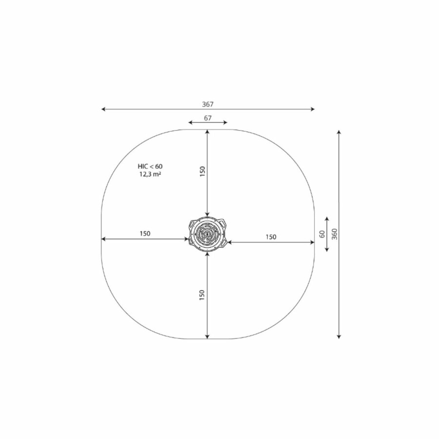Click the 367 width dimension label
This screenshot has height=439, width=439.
pyautogui.click(x=208, y=104)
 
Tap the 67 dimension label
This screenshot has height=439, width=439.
pyautogui.click(x=207, y=118)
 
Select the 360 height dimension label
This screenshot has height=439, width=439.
pyautogui.click(x=335, y=234)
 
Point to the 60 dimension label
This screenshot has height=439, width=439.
pyautogui.click(x=322, y=234)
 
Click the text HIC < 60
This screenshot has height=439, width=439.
pyautogui.click(x=150, y=166)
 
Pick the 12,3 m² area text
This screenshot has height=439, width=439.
pyautogui.click(x=150, y=174)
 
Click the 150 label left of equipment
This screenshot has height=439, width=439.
pyautogui.click(x=145, y=234)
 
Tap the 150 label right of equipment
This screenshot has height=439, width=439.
pyautogui.click(x=271, y=237)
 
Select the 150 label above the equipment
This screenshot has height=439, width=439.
pyautogui.click(x=202, y=171)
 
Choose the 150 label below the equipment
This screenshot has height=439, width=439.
pyautogui.click(x=202, y=296)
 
